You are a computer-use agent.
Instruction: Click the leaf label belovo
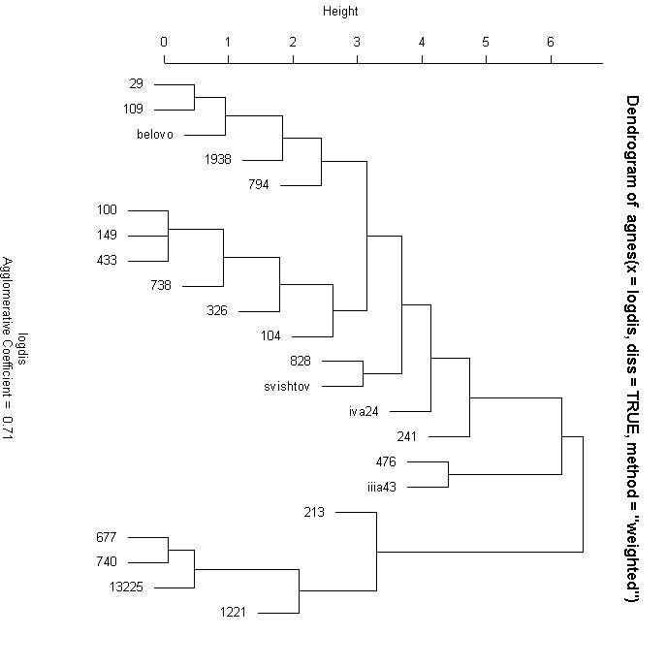coord(155,135)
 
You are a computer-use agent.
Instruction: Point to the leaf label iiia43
coord(382,487)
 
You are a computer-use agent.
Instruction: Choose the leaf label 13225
coord(127,587)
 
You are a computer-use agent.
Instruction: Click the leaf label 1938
coord(218,160)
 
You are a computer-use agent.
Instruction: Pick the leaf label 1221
coord(237,612)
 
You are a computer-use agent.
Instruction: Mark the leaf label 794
coord(259,185)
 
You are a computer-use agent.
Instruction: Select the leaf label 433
coord(107,261)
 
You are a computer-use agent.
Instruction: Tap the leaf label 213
coord(314,512)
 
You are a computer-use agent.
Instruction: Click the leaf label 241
coord(407,436)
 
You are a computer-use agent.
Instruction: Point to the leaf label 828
coord(301,361)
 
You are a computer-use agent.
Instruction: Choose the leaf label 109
coord(134,110)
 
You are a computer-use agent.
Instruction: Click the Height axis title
coord(340,12)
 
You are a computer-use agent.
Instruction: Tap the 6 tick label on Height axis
coord(551,42)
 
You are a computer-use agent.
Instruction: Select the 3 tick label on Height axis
coord(357,42)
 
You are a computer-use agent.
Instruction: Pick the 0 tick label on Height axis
coord(164,42)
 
